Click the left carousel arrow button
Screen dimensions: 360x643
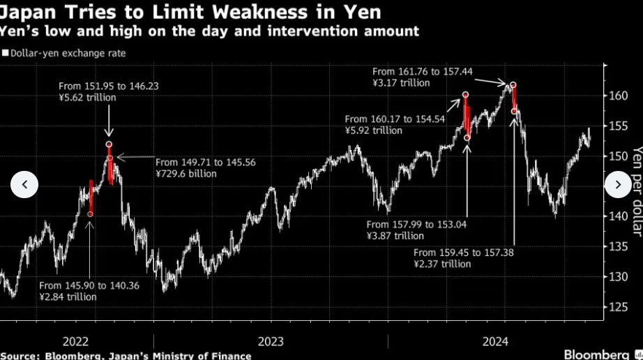(24, 185)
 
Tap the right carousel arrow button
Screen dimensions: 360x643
(618, 185)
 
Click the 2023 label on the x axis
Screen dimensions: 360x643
(270, 341)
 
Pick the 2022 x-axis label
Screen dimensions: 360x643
(75, 341)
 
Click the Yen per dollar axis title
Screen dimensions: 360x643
(635, 191)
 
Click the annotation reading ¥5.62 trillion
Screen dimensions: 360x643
(88, 98)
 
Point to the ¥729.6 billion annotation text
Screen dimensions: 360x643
(186, 174)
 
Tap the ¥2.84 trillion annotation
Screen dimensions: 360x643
(68, 297)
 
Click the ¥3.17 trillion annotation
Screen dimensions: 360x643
(401, 82)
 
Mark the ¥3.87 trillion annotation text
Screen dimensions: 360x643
(395, 236)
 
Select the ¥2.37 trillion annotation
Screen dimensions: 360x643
(442, 264)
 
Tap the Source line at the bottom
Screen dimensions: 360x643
(126, 356)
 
